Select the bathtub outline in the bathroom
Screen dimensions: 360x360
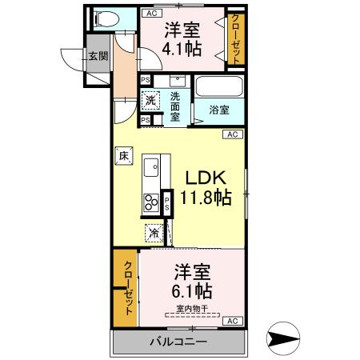219,86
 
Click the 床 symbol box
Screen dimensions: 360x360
123,157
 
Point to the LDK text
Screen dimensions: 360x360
206,177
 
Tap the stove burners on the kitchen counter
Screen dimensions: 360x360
150,202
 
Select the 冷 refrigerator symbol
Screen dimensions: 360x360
152,233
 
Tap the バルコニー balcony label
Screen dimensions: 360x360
178,342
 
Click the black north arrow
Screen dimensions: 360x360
285,339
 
